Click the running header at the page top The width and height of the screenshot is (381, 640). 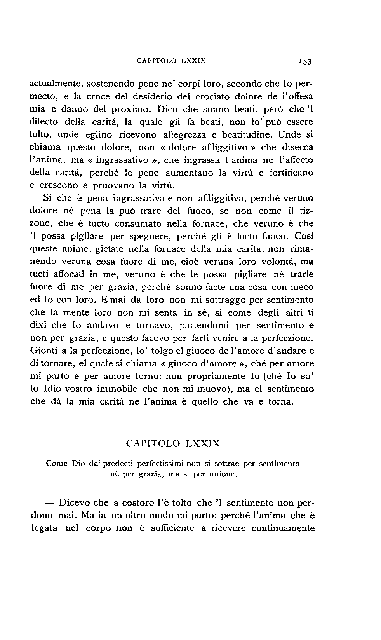click(x=171, y=61)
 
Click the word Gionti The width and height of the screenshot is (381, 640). click(x=43, y=351)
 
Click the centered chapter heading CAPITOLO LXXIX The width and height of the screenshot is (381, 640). click(x=173, y=443)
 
